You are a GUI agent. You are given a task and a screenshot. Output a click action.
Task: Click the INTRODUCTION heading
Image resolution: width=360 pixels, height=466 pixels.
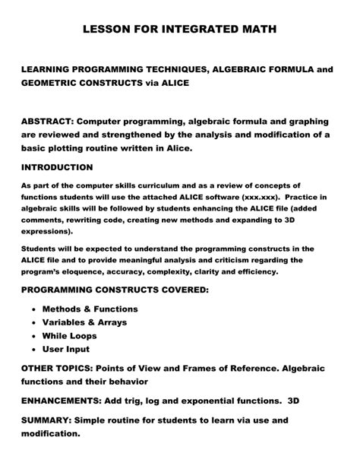57,167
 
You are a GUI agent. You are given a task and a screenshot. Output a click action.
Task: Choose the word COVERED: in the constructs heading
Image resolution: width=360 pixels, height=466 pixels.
176,290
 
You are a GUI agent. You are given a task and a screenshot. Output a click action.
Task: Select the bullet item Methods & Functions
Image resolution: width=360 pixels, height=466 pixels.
90,309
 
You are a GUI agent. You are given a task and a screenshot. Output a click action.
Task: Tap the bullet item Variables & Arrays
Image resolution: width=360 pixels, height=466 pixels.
84,322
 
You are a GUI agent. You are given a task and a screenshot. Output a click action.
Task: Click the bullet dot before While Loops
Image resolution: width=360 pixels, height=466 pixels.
35,336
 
